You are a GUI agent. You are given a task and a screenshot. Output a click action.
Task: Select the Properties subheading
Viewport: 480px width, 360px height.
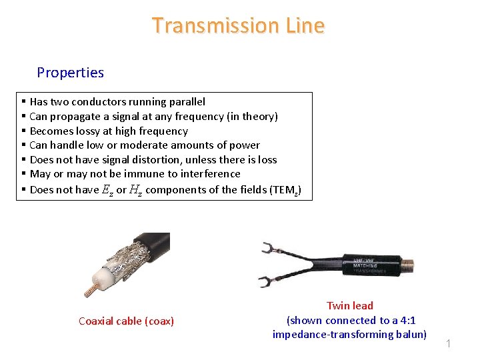tap(70, 72)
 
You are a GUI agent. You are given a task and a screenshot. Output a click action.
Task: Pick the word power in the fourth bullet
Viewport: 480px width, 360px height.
tap(246, 145)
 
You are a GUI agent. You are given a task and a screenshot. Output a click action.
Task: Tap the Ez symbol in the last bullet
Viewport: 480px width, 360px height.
tap(107, 190)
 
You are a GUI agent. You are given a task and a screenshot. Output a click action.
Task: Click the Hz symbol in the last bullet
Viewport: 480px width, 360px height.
tap(136, 190)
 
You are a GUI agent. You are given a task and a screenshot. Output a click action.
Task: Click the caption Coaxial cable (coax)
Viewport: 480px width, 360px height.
tap(126, 321)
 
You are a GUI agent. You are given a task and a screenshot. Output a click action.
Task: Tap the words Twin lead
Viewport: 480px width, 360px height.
tap(349, 306)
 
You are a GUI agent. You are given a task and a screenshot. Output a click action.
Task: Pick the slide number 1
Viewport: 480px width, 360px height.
tap(449, 344)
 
